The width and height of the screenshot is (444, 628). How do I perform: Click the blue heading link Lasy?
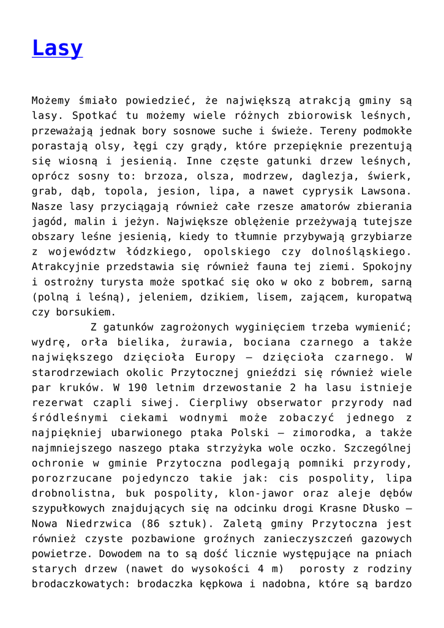(x=57, y=48)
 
